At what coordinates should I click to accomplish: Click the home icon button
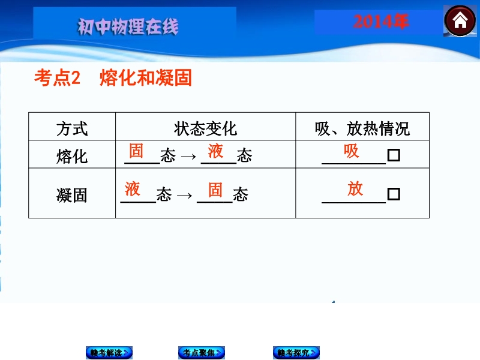(x=460, y=21)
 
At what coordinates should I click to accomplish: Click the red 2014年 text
(x=381, y=22)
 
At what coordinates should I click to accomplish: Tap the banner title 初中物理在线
(x=128, y=26)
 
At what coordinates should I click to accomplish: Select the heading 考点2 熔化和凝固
(x=113, y=77)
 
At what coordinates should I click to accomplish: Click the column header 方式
(x=72, y=128)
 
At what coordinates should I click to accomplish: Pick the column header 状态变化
(x=205, y=128)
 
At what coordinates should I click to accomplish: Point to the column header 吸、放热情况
(x=362, y=128)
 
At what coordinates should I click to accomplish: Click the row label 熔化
(x=72, y=156)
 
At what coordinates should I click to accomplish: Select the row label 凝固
(x=72, y=195)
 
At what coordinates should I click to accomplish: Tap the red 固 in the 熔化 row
(x=136, y=151)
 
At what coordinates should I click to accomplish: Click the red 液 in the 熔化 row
(x=215, y=151)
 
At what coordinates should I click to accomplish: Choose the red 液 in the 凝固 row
(x=132, y=188)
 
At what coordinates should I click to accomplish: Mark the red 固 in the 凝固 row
(x=215, y=190)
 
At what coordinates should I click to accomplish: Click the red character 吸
(x=351, y=151)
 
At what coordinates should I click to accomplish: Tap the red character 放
(x=355, y=188)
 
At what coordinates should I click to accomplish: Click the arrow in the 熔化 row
(x=188, y=157)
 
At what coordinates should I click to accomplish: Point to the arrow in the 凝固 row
(x=185, y=195)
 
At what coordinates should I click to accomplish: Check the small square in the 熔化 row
(x=394, y=155)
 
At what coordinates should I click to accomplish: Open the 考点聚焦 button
(x=202, y=353)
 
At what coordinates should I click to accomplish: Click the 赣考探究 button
(x=296, y=353)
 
